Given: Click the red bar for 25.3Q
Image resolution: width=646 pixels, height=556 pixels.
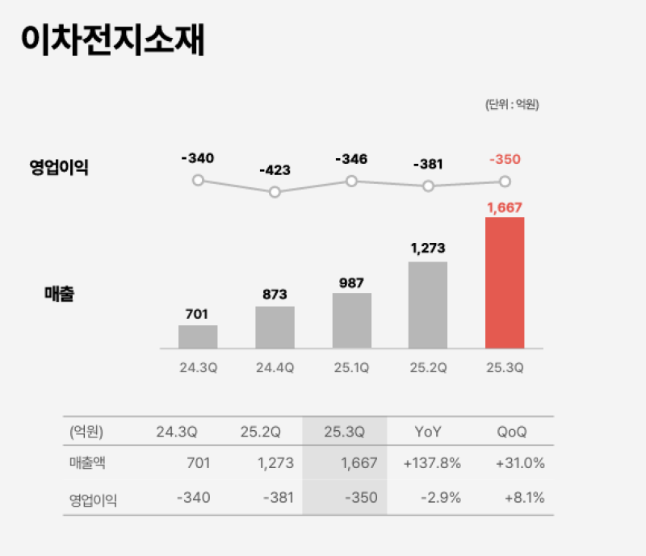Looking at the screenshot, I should (x=505, y=282).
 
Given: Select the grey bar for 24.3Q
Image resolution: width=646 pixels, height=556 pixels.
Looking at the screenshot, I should (x=198, y=337).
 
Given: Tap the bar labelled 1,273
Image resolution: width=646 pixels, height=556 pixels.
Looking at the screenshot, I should (x=428, y=304).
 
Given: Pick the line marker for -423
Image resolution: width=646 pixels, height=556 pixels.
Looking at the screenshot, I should (x=275, y=192).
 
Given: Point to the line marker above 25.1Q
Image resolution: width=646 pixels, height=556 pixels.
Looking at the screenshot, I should (x=351, y=181).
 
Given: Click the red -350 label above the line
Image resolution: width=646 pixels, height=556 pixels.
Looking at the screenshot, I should (x=505, y=159).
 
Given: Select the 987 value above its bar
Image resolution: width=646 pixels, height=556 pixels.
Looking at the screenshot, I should (x=351, y=282).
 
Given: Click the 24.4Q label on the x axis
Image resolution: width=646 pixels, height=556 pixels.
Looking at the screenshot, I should (x=275, y=368).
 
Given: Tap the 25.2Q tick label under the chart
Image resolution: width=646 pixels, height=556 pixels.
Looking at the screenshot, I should (x=428, y=368).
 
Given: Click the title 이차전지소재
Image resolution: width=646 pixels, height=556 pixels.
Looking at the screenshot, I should (x=113, y=40).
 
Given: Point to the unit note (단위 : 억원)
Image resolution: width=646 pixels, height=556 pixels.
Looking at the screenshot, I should (x=512, y=104).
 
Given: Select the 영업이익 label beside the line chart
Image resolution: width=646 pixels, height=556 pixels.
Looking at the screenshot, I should (x=59, y=168).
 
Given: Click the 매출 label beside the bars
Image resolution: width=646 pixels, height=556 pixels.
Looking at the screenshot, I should (x=59, y=295).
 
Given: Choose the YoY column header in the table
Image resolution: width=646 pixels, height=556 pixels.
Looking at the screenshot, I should (x=428, y=431).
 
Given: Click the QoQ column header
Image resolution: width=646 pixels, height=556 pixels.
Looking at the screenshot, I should (x=512, y=431).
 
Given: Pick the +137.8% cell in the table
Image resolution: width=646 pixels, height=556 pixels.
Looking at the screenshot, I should (x=432, y=463).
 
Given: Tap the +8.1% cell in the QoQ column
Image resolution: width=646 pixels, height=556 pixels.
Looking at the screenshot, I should (x=524, y=497).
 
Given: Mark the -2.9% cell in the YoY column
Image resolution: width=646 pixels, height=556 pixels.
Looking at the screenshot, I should (x=441, y=497).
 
